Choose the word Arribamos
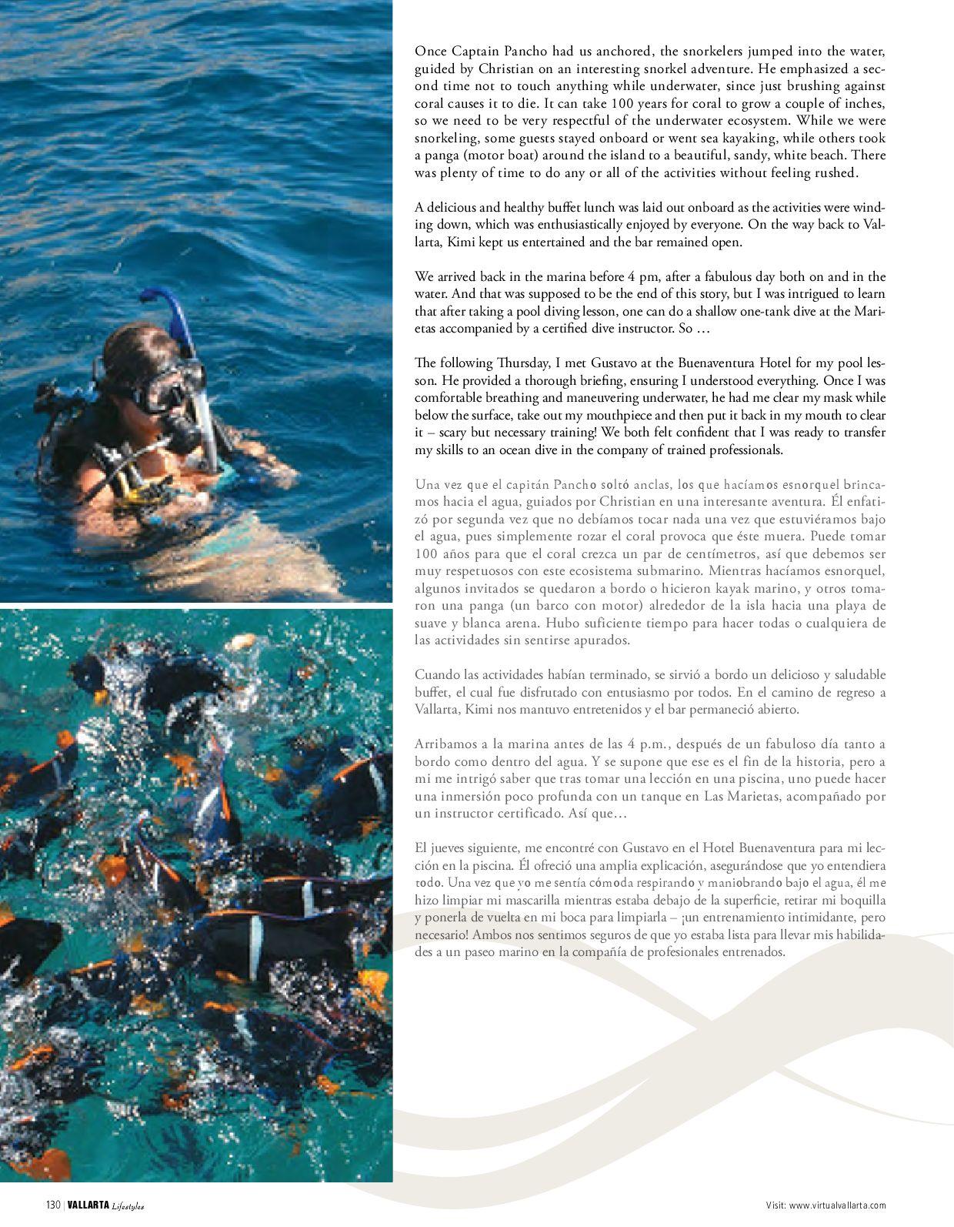443,744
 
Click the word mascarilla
539,900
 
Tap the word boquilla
860,900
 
